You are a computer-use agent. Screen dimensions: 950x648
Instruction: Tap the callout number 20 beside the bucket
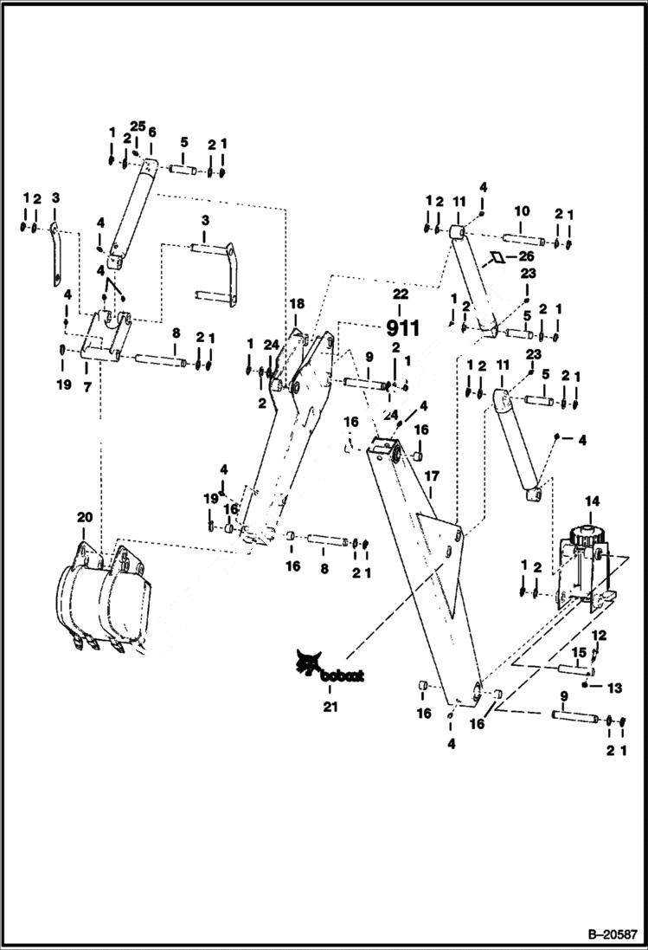point(84,517)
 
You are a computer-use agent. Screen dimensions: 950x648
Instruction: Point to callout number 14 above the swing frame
point(592,501)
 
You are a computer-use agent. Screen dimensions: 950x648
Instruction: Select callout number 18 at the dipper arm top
point(297,305)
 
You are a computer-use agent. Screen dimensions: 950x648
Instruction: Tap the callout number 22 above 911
point(399,294)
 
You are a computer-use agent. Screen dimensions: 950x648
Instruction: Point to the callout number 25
point(138,126)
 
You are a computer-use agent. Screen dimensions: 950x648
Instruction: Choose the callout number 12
point(599,636)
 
